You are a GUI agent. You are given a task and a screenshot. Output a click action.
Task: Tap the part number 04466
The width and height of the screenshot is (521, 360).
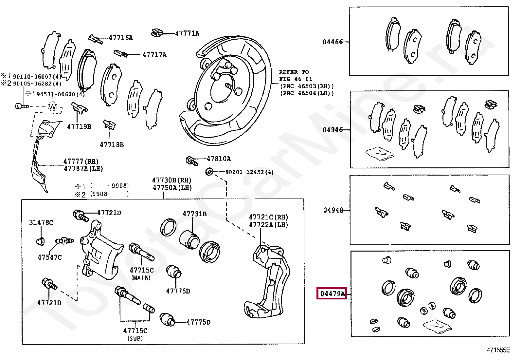point(333,42)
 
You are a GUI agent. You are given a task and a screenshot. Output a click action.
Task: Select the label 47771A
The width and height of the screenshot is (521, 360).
point(187,33)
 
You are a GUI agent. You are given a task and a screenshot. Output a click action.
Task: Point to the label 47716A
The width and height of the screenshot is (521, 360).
point(121,38)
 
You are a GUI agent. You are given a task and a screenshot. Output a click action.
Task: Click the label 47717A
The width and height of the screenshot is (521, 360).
point(154,55)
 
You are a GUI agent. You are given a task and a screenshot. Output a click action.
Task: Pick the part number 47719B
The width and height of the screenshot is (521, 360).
point(79,127)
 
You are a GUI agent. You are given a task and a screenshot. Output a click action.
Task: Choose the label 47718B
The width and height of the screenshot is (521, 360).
point(112,145)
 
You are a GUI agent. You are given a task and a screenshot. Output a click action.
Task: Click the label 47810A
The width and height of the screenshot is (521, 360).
point(219,159)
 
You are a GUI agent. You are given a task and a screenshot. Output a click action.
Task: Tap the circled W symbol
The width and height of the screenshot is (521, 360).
point(52,107)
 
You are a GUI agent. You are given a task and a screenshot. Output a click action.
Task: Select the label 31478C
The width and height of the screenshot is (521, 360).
point(41,223)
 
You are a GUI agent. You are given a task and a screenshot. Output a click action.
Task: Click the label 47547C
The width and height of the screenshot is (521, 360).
point(50,257)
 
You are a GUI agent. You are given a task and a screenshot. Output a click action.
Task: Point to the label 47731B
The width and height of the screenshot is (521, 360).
point(195,214)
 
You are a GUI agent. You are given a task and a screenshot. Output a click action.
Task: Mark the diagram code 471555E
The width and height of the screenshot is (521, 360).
point(498,350)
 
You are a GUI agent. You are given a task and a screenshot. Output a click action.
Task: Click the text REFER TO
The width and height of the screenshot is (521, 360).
point(294,72)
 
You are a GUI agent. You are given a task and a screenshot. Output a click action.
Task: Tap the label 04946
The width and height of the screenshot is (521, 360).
point(333,130)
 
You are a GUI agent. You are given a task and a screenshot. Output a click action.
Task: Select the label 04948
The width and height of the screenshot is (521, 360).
point(333,210)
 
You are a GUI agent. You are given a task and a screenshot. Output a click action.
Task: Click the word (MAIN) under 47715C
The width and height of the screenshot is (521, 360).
point(141,278)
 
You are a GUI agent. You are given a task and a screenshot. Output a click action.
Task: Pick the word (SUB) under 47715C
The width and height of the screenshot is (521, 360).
point(135,338)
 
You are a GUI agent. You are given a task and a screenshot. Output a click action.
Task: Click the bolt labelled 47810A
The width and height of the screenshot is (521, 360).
point(192,161)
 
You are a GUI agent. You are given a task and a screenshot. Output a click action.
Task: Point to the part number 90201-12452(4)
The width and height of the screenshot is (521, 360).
point(250,172)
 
